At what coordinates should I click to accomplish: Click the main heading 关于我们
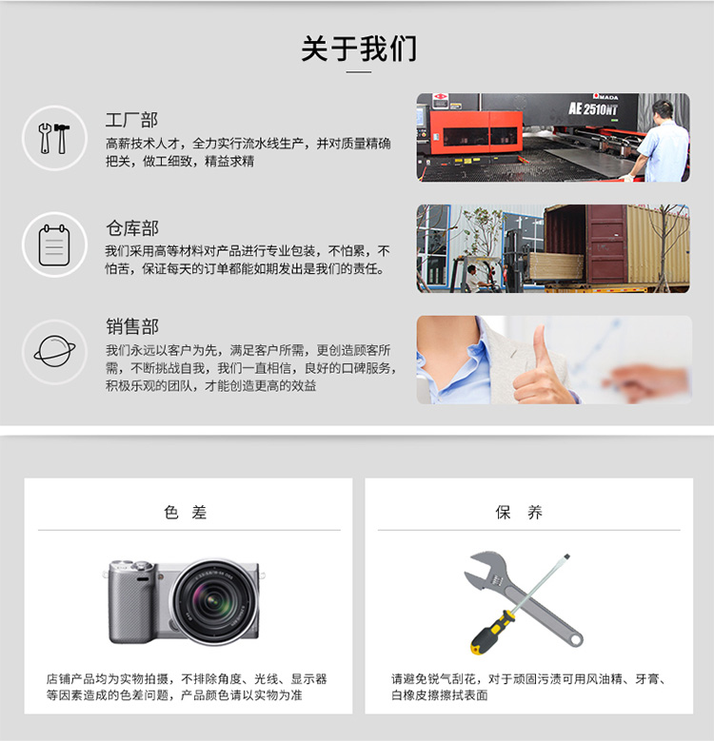tap(359, 49)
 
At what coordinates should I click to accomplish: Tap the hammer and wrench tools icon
tap(54, 138)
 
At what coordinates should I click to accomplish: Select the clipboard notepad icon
tap(54, 244)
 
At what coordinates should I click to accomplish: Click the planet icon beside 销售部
tap(54, 352)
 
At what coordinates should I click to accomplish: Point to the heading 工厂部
tap(131, 120)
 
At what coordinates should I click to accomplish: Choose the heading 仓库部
tap(132, 228)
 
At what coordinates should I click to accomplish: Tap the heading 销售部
tap(132, 326)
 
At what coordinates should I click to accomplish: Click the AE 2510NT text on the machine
tap(593, 109)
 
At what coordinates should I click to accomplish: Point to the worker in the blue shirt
tap(661, 142)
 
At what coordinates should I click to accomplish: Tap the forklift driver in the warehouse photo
tap(473, 279)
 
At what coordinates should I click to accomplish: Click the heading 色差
tap(186, 513)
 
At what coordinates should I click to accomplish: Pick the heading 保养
tap(519, 513)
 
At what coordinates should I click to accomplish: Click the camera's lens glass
tap(214, 601)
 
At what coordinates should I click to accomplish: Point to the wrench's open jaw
tap(479, 567)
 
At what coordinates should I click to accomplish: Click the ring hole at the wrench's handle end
tap(575, 640)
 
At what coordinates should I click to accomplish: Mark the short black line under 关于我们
tap(359, 72)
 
